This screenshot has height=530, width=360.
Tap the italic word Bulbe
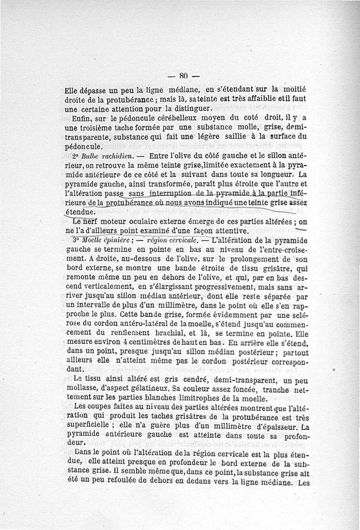click(87, 157)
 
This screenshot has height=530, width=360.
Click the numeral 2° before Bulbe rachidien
click(75, 157)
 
